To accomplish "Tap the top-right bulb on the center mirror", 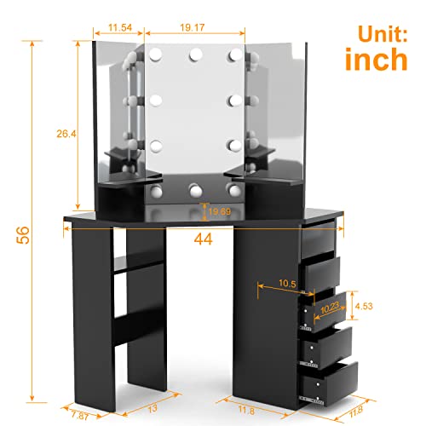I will pos(233,55).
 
